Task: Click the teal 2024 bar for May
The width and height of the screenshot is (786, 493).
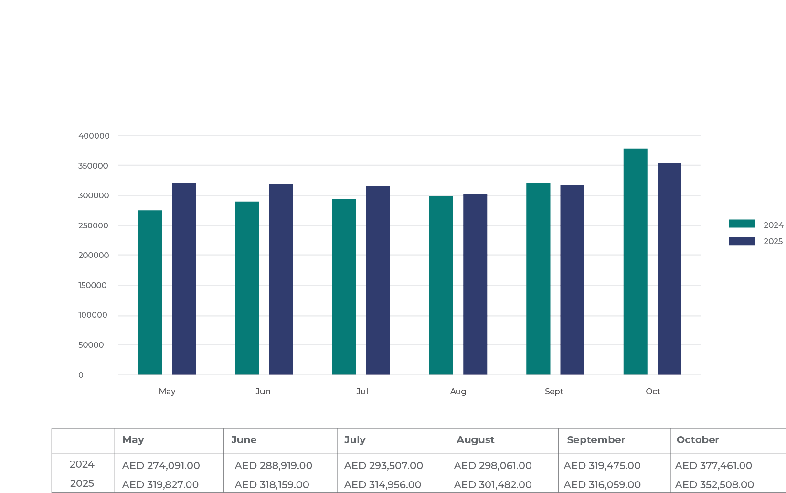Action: pyautogui.click(x=149, y=292)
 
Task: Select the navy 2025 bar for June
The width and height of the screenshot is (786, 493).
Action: pyautogui.click(x=281, y=279)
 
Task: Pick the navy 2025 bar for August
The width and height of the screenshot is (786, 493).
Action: pyautogui.click(x=475, y=284)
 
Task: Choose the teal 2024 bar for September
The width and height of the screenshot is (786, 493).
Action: pyautogui.click(x=538, y=279)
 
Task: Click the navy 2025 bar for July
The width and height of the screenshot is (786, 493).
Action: pyautogui.click(x=378, y=280)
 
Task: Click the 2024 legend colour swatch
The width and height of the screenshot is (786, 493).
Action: pyautogui.click(x=742, y=224)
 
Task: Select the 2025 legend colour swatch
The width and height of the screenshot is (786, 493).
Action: pyautogui.click(x=742, y=241)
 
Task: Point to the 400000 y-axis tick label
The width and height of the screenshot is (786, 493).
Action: pyautogui.click(x=94, y=136)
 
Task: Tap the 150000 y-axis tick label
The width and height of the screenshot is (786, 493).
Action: pyautogui.click(x=93, y=285)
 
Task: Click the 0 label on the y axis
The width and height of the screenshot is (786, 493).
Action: pyautogui.click(x=81, y=375)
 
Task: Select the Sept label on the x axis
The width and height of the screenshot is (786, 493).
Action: pyautogui.click(x=554, y=391)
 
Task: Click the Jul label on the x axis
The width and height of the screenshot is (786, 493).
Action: pyautogui.click(x=362, y=391)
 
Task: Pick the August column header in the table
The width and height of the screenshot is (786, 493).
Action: pyautogui.click(x=475, y=440)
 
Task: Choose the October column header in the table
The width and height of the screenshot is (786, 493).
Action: pyautogui.click(x=697, y=440)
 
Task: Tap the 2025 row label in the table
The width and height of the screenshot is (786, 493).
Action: pyautogui.click(x=82, y=483)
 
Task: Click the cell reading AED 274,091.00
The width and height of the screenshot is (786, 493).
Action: pyautogui.click(x=161, y=465)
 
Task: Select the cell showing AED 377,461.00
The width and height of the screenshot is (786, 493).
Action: pyautogui.click(x=713, y=465)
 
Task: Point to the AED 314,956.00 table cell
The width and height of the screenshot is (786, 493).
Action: pyautogui.click(x=382, y=484)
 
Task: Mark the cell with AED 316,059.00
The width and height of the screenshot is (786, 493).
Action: pyautogui.click(x=602, y=484)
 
